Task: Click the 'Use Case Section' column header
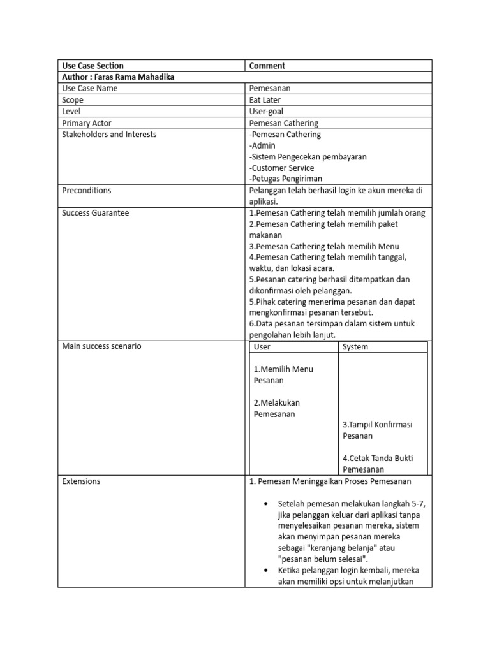tap(93, 66)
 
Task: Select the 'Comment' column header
tap(267, 66)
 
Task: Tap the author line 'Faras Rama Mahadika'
tap(118, 77)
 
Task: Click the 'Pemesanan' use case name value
tap(270, 89)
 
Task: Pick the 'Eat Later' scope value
tap(265, 100)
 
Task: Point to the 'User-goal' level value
tap(266, 112)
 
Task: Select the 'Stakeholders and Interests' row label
tap(109, 135)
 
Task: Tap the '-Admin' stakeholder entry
tap(262, 145)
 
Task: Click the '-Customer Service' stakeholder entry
tap(281, 168)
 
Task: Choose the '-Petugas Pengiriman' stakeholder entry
tap(285, 179)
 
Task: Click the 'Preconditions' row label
tap(86, 191)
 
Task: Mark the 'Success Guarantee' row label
tap(95, 213)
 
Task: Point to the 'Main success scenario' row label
tap(101, 346)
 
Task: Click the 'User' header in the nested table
tap(262, 347)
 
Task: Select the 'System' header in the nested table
tap(355, 347)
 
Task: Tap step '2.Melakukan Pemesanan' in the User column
tap(277, 408)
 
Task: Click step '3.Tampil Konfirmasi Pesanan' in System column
tap(378, 430)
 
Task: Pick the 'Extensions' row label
tap(81, 481)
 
